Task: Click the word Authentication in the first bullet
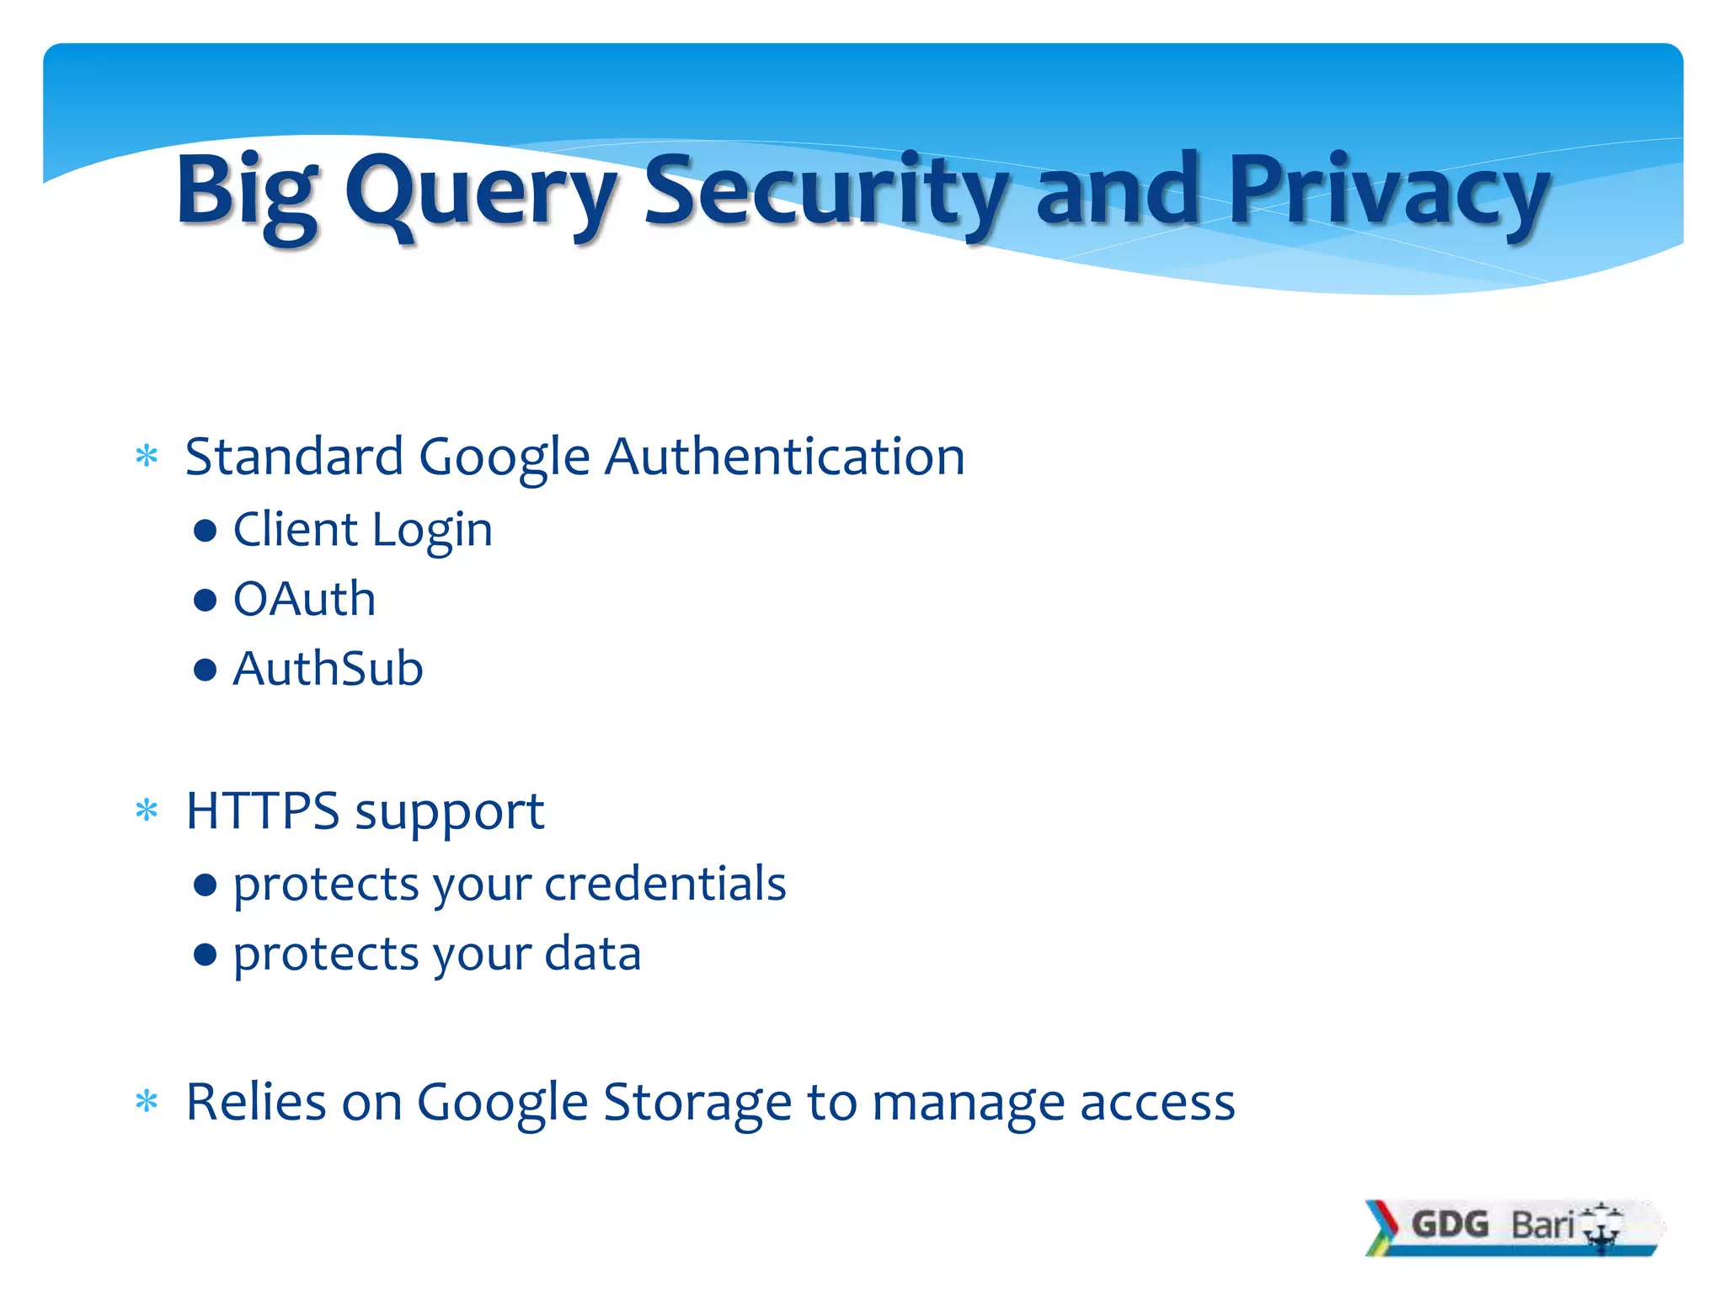pyautogui.click(x=785, y=457)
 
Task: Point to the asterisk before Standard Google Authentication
pyautogui.click(x=147, y=457)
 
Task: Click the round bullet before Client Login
pyautogui.click(x=205, y=531)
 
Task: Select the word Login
pyautogui.click(x=432, y=531)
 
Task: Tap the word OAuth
pyautogui.click(x=304, y=599)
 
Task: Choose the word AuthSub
pyautogui.click(x=328, y=669)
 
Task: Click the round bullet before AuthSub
pyautogui.click(x=205, y=670)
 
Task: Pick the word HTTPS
pyautogui.click(x=263, y=811)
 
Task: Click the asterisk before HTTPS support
pyautogui.click(x=147, y=811)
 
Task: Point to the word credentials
pyautogui.click(x=665, y=884)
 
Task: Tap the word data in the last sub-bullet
pyautogui.click(x=593, y=954)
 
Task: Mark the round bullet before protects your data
pyautogui.click(x=205, y=954)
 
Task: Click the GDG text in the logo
pyautogui.click(x=1450, y=1224)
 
